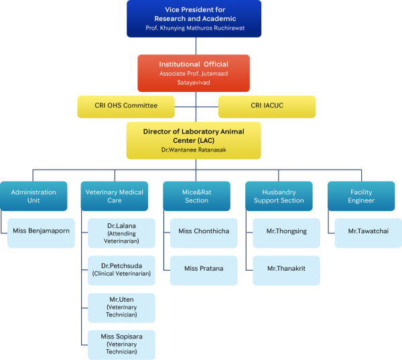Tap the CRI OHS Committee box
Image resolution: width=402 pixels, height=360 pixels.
pos(125,107)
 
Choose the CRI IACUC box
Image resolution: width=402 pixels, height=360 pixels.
pos(267,107)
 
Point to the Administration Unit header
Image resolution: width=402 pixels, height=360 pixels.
pos(33,196)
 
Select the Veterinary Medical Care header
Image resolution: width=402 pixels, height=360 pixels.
pos(114,196)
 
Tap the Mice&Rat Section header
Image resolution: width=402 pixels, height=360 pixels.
pos(196,196)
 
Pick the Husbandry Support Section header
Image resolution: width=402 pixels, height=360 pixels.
pos(279,196)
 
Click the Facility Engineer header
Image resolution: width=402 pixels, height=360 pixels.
pos(360,196)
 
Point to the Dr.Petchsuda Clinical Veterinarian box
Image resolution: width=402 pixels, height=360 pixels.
pos(122,269)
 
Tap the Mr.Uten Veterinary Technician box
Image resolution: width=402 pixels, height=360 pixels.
pos(122,307)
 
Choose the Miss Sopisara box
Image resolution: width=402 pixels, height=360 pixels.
pos(122,344)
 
